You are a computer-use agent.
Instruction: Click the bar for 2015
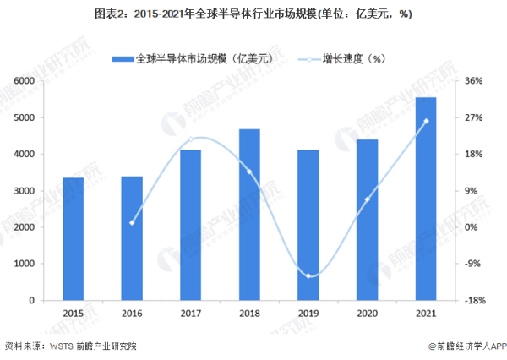[74, 239]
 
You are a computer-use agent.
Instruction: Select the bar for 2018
[249, 215]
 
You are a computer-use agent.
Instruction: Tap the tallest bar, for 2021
[426, 199]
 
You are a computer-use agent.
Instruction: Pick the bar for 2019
[308, 225]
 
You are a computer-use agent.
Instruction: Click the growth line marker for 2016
[132, 223]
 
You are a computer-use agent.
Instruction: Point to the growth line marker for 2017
[191, 139]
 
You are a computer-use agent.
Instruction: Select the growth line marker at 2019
[308, 276]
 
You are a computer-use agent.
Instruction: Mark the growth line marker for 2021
[426, 121]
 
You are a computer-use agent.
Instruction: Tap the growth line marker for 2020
[367, 199]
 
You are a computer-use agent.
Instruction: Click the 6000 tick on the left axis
[22, 81]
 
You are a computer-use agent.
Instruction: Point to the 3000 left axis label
[22, 191]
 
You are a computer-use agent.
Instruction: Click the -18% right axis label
[475, 300]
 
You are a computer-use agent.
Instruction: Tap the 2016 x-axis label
[132, 313]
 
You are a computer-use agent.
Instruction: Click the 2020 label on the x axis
[367, 313]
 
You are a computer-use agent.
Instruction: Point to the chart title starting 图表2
[253, 12]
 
